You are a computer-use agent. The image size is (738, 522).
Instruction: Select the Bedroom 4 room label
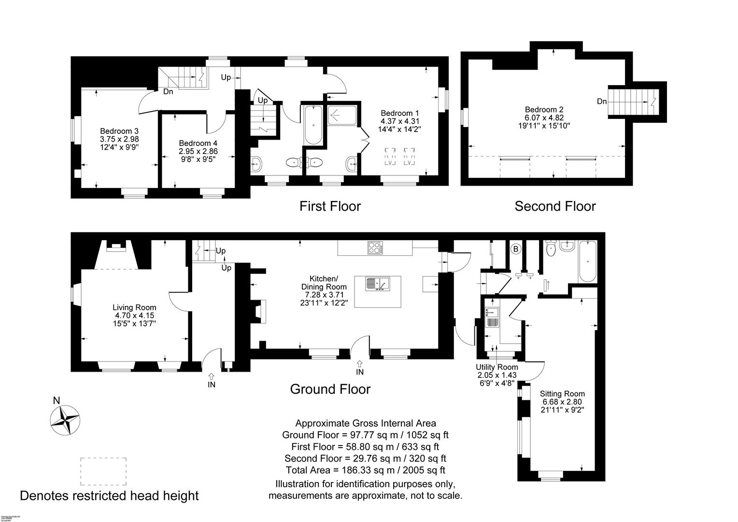[x=198, y=143]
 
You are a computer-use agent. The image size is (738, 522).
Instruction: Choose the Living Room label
[x=134, y=307]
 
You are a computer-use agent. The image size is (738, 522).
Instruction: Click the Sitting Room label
[x=562, y=394]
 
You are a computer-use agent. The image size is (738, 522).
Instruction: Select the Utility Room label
[x=497, y=367]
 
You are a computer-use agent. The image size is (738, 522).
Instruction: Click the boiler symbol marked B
[x=516, y=249]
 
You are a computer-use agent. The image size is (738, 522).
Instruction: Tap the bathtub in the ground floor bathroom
[x=587, y=261]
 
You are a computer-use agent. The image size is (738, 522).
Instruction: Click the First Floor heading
[x=330, y=206]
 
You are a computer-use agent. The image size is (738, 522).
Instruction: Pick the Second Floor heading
[x=555, y=206]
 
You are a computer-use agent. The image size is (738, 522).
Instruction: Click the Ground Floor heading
[x=330, y=389]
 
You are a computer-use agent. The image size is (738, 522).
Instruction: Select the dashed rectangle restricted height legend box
[x=103, y=471]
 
